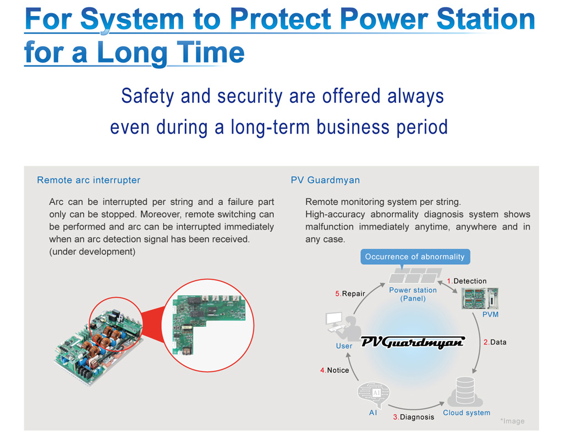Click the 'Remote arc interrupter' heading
pyautogui.click(x=89, y=180)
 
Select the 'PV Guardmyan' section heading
pyautogui.click(x=325, y=180)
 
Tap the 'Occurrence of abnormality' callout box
pyautogui.click(x=415, y=257)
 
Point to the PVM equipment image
pyautogui.click(x=480, y=298)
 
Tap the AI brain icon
pyautogui.click(x=374, y=394)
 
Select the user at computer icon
pyautogui.click(x=343, y=326)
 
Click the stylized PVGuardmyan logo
pyautogui.click(x=413, y=342)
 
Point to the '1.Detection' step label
pyautogui.click(x=467, y=281)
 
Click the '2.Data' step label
pyautogui.click(x=495, y=342)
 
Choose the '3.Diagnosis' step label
pyautogui.click(x=414, y=417)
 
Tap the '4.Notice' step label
pyautogui.click(x=334, y=370)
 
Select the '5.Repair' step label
pyautogui.click(x=350, y=293)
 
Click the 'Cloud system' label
pyautogui.click(x=467, y=413)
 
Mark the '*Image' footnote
pyautogui.click(x=512, y=421)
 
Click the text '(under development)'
pyautogui.click(x=92, y=252)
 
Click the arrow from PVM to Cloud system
pyautogui.click(x=480, y=342)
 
